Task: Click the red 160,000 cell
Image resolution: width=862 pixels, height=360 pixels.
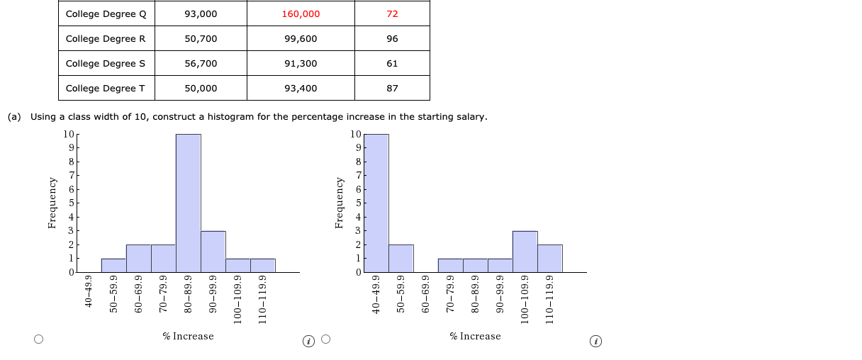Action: (301, 14)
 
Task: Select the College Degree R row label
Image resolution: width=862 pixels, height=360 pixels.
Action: (106, 39)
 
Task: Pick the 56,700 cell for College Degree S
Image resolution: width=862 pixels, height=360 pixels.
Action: (201, 64)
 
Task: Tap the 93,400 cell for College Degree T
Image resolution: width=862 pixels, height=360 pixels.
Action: (301, 89)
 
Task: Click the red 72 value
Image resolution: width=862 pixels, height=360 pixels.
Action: (392, 14)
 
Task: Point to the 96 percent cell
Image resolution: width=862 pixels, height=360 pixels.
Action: (392, 39)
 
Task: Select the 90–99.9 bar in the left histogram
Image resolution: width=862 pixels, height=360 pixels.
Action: (213, 252)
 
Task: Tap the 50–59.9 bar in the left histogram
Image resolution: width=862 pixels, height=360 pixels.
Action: (113, 266)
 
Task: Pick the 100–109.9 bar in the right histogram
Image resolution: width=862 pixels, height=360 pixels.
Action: (525, 252)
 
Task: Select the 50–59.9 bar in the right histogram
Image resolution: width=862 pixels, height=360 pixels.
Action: (401, 259)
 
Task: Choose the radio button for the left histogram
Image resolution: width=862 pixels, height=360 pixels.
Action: (39, 339)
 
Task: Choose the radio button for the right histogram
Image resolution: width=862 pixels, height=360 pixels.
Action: (325, 339)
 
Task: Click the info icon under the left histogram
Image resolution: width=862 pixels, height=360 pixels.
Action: (309, 342)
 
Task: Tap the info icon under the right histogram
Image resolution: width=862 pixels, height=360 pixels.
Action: (596, 342)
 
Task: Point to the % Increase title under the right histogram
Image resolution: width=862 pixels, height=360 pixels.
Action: (475, 336)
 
